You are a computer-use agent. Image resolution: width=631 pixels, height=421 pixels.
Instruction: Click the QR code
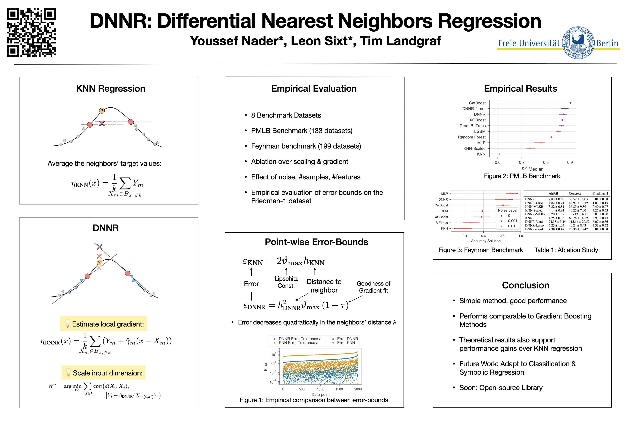pyautogui.click(x=31, y=33)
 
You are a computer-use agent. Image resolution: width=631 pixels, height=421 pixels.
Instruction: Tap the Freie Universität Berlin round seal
pyautogui.click(x=578, y=43)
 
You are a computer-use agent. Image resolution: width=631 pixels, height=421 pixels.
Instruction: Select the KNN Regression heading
pyautogui.click(x=111, y=89)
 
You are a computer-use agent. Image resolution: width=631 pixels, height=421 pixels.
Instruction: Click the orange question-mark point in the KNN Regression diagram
pyautogui.click(x=102, y=111)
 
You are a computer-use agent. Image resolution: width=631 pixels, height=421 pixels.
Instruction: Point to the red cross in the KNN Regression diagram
pyautogui.click(x=102, y=123)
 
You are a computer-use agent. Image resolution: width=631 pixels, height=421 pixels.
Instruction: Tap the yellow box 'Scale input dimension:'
pyautogui.click(x=104, y=373)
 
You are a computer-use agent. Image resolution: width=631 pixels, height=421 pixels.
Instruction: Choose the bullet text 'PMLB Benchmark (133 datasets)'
pyautogui.click(x=301, y=131)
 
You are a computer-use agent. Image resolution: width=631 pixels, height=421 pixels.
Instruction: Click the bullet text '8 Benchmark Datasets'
pyautogui.click(x=286, y=115)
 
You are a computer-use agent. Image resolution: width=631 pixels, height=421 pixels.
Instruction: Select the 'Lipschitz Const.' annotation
pyautogui.click(x=286, y=282)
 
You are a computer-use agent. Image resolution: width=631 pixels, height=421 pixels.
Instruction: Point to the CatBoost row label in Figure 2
pyautogui.click(x=477, y=103)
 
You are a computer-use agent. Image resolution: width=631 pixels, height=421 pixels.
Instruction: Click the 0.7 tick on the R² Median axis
pyautogui.click(x=522, y=162)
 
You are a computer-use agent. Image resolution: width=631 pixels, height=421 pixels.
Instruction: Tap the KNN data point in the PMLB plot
pyautogui.click(x=499, y=154)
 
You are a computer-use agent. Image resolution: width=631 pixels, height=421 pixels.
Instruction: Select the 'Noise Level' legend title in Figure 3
pyautogui.click(x=507, y=210)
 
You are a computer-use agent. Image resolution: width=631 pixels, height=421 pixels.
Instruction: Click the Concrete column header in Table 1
pyautogui.click(x=575, y=194)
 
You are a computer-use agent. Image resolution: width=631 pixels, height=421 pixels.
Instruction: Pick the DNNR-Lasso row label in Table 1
pyautogui.click(x=534, y=226)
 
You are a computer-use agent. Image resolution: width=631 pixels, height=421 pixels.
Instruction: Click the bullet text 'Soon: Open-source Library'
pyautogui.click(x=501, y=388)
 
